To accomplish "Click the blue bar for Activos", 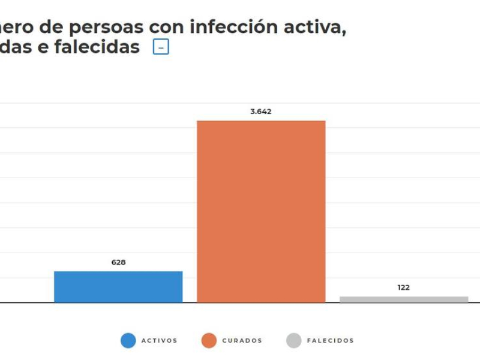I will click(118, 287).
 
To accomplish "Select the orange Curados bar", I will click(261, 211).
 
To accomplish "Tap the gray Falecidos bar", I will click(404, 299).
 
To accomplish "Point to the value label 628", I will click(118, 262).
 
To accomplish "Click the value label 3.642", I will click(261, 112).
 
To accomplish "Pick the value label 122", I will click(404, 287).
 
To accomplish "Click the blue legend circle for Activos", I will click(128, 341).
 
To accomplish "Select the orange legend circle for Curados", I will click(209, 341).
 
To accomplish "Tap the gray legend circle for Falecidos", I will click(294, 341).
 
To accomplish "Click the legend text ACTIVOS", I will click(160, 341).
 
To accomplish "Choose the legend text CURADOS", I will click(242, 341).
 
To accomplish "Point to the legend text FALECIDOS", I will click(331, 341).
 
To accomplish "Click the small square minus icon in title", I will click(161, 47).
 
